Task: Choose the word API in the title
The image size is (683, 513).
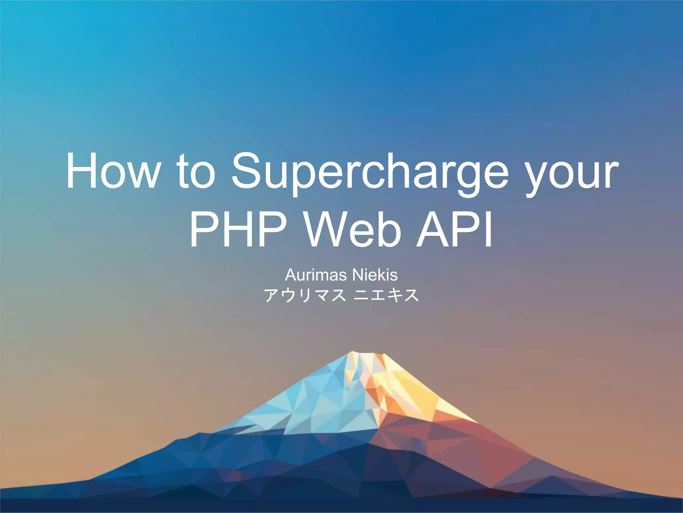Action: (x=454, y=230)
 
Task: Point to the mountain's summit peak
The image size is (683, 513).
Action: (x=353, y=353)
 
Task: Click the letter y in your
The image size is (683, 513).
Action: (x=535, y=177)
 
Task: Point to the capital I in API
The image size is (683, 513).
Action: (x=488, y=230)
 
